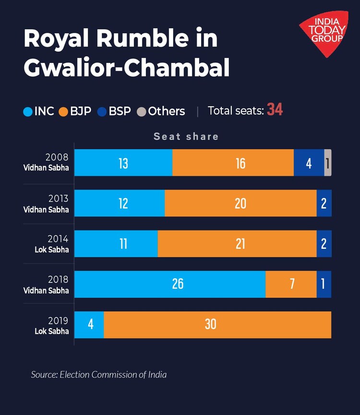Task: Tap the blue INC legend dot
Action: coord(28,112)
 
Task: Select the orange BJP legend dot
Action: coord(64,112)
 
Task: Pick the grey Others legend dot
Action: coord(142,112)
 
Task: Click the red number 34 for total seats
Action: coord(275,110)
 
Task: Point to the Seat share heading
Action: coord(186,136)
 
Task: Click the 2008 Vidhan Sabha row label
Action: coord(47,162)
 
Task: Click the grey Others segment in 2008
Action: coord(328,163)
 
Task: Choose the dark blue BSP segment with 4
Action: coord(309,163)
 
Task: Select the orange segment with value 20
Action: coord(240,203)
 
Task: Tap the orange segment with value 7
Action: coord(291,284)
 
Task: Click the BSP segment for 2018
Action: coord(324,284)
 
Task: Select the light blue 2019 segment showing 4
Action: coord(89,325)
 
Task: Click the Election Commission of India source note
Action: coord(99,375)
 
